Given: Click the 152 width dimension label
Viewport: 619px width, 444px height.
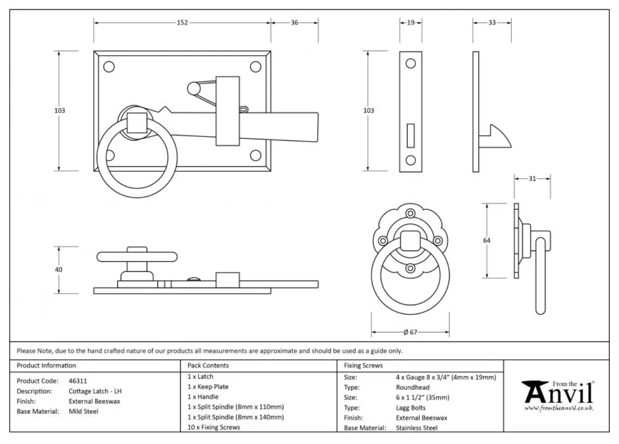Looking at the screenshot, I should point(182,23).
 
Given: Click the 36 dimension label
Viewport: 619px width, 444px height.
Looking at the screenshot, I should point(294,23).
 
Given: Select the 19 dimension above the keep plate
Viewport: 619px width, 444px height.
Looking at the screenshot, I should point(411,23).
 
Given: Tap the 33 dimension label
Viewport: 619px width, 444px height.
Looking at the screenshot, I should point(492,23).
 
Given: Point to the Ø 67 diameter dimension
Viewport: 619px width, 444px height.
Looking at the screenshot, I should point(410,332).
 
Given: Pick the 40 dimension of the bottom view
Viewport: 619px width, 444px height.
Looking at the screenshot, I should point(59,269).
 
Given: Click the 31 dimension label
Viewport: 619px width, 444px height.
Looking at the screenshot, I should point(532,178).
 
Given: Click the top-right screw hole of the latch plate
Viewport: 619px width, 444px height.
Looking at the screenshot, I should point(255,67).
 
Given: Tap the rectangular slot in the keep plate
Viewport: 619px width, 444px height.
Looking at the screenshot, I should point(411,135).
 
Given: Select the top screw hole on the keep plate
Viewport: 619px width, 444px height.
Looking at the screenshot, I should point(410,64).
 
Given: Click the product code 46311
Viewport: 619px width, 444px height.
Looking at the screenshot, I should point(78,381).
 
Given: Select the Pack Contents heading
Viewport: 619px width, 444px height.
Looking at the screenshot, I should point(208,366).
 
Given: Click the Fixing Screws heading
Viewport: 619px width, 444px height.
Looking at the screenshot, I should point(363,366).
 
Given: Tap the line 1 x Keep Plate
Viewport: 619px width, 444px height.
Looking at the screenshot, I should point(208,386).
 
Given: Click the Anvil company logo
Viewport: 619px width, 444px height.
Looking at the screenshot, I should point(558,394).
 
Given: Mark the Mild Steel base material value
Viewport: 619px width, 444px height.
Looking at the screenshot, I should point(84,412).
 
